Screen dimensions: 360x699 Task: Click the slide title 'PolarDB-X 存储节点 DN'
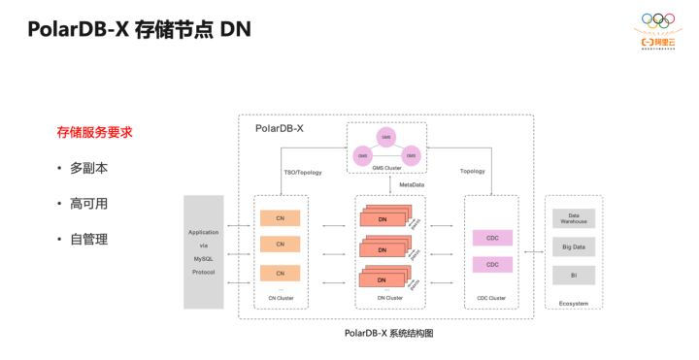[x=139, y=29]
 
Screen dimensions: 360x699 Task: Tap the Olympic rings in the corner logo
[x=657, y=20]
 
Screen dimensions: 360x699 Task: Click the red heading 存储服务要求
[x=94, y=132]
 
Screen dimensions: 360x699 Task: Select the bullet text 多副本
[x=88, y=168]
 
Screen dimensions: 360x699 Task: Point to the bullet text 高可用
[x=88, y=204]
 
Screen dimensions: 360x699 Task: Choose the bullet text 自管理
[x=88, y=239]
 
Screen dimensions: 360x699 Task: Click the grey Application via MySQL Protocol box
[x=204, y=252]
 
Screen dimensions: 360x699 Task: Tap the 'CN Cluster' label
[x=281, y=298]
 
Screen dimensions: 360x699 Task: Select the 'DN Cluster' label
[x=389, y=298]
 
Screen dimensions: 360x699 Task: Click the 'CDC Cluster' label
[x=491, y=298]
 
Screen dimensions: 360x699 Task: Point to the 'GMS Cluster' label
[x=386, y=168]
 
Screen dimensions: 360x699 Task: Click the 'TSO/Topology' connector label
[x=303, y=172]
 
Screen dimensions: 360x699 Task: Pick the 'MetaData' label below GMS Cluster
[x=412, y=184]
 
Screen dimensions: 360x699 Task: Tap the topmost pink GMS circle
[x=386, y=137]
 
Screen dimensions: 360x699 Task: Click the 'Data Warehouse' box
[x=574, y=218]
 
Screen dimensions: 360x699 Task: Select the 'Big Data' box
[x=574, y=247]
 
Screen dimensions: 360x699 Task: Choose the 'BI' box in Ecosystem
[x=574, y=276]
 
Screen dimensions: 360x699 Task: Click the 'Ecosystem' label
[x=574, y=304]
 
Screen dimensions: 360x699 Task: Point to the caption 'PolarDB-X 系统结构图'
[x=388, y=333]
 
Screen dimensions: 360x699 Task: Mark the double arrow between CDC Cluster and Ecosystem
[x=533, y=252]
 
